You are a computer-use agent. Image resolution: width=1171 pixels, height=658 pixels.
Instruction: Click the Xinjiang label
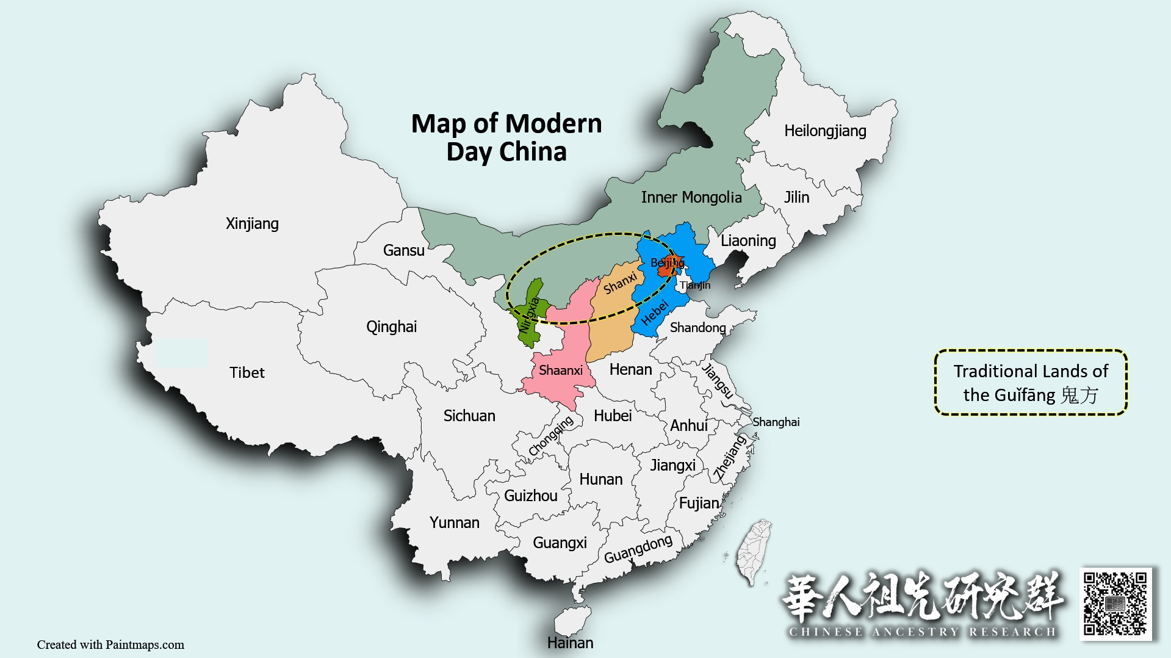click(252, 223)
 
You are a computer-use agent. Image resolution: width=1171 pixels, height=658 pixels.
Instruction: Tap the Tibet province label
click(247, 372)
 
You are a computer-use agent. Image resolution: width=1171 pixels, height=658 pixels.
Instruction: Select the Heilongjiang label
click(825, 131)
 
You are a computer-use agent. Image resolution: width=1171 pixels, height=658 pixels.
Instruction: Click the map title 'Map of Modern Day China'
click(506, 137)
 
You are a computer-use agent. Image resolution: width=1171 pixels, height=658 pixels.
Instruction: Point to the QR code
click(1115, 604)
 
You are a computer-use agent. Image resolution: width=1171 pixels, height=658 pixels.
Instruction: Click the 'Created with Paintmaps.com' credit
click(110, 645)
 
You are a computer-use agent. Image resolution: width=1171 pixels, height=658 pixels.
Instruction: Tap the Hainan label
click(570, 642)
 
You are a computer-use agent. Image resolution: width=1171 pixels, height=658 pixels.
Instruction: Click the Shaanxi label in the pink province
click(560, 370)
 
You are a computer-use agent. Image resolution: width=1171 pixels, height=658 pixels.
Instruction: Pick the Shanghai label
click(776, 422)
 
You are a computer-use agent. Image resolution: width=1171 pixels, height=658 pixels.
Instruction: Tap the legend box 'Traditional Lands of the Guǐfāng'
click(1031, 383)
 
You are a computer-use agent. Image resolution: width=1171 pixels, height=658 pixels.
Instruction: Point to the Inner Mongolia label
click(691, 197)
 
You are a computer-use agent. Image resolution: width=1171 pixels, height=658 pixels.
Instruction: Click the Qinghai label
click(391, 327)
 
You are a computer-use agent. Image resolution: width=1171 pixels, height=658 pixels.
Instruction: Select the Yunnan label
click(454, 522)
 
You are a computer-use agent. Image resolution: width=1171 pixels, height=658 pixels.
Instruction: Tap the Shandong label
click(697, 327)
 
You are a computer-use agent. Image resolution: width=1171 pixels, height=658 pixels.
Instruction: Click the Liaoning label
click(748, 240)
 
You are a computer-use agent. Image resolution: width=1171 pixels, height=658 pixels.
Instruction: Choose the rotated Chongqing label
click(550, 436)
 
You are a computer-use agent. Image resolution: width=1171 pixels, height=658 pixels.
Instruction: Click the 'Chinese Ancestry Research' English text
click(922, 632)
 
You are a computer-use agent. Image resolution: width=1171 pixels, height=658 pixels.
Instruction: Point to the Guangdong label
click(638, 549)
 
